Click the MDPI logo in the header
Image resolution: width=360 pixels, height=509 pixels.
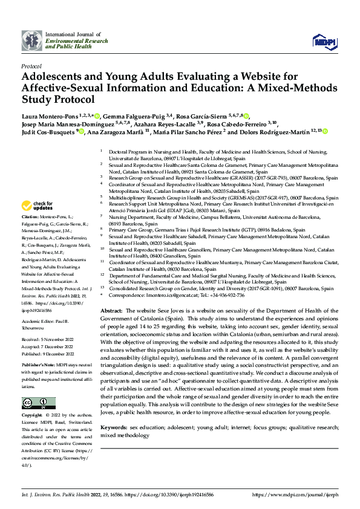pos(324,41)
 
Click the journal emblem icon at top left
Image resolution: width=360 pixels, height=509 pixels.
pos(32,41)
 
